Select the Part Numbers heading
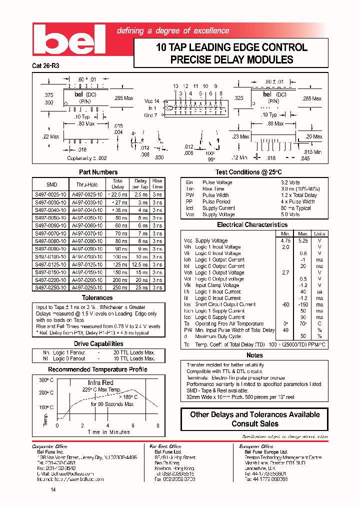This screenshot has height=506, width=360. (98, 172)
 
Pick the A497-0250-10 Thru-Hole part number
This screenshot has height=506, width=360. (87, 287)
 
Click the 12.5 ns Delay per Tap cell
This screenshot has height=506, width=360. (140, 264)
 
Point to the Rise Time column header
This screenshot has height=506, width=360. (157, 183)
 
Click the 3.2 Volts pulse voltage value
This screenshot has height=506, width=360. (290, 182)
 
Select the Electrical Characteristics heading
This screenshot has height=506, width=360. (252, 225)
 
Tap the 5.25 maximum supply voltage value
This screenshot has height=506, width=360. (303, 240)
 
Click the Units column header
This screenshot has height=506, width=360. (319, 233)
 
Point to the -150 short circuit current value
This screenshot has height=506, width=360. (303, 304)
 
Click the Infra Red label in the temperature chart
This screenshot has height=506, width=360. (100, 382)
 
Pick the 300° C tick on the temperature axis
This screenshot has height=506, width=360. (46, 380)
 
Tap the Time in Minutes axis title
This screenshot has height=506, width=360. (108, 432)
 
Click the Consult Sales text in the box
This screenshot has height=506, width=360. (255, 423)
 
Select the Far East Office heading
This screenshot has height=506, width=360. (165, 446)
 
